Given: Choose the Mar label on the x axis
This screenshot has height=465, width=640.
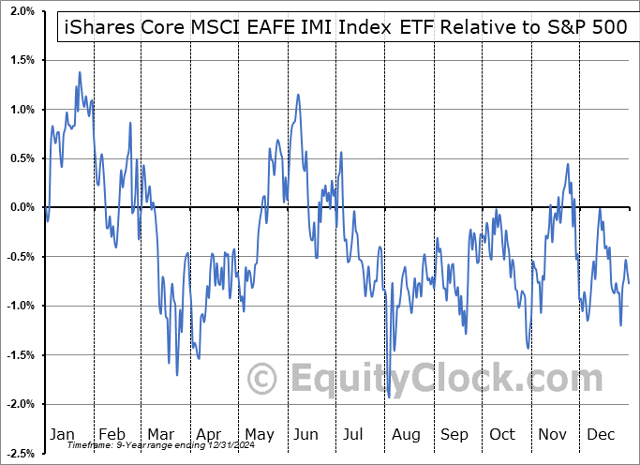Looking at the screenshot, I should (160, 435).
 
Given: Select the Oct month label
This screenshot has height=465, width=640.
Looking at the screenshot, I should (502, 435).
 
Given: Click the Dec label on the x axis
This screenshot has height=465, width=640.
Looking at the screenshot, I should (600, 435).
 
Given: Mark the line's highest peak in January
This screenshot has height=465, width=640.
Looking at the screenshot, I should (80, 72).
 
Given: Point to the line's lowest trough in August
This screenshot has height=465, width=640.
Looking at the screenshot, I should (389, 397).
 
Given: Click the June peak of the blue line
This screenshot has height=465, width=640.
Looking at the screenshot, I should (298, 95).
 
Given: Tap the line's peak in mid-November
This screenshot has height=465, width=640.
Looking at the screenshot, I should (568, 165).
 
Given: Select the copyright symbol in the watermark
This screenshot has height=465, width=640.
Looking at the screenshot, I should (264, 380).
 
